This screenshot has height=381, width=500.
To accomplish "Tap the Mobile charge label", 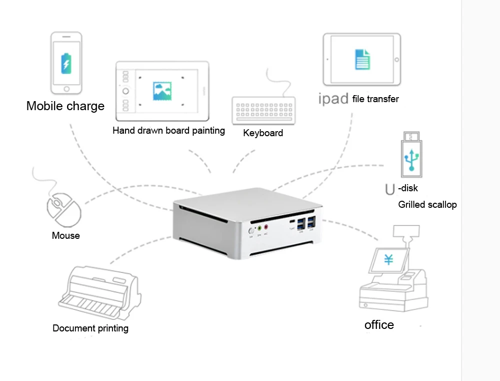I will point(65,106).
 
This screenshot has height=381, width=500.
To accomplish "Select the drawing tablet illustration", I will point(162,91).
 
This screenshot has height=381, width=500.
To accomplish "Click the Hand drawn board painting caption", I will point(168,131).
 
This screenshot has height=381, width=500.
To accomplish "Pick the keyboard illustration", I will point(263,110).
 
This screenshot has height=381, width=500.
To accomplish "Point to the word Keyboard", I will point(263,133).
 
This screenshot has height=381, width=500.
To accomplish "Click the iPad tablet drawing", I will point(361,59).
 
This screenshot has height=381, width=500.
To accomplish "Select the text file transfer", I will point(375,99).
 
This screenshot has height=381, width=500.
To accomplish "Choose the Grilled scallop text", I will point(427,205).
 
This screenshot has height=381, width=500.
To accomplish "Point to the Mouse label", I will point(65,235).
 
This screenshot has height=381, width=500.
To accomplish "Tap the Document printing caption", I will point(90,328).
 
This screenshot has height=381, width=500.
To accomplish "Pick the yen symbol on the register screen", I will point(388,260).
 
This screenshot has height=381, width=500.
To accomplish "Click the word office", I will point(379,325).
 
